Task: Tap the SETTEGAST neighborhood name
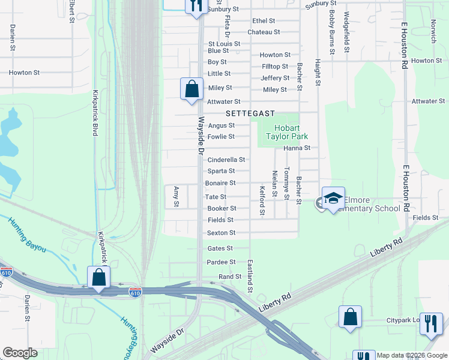250,113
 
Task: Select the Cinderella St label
226,160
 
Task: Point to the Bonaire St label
220,183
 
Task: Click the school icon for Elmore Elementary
333,199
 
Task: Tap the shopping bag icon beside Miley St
191,89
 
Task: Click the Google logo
20,352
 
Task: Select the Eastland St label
250,277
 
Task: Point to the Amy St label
176,196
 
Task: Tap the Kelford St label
262,200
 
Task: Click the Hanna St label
297,148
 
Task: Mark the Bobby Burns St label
331,20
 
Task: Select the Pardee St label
221,262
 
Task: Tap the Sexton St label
221,233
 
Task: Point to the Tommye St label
287,184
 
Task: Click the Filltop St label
275,67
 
